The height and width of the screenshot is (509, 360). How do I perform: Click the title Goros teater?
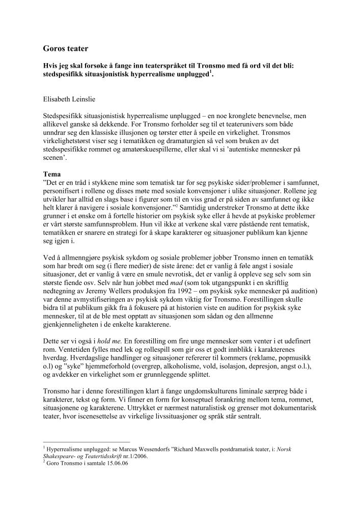[66, 49]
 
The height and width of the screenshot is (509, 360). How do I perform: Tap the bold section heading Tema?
[52, 174]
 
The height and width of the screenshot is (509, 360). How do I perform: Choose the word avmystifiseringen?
[102, 293]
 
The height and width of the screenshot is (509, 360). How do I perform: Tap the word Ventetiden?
[60, 348]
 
